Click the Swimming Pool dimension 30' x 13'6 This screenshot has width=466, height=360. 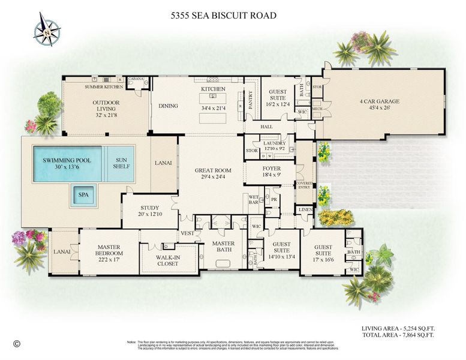click(66, 169)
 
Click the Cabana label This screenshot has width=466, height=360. click(135, 79)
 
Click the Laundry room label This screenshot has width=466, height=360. click(275, 143)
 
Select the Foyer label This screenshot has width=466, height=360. click(272, 170)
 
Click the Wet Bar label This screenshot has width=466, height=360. click(253, 199)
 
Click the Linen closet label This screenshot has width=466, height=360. click(303, 209)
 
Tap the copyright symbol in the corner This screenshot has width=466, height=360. click(16, 344)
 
